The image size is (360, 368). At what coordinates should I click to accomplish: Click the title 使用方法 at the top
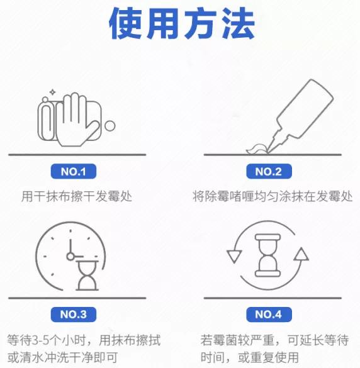pyautogui.click(x=182, y=25)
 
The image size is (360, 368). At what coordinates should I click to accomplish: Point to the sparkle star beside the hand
pyautogui.click(x=53, y=93)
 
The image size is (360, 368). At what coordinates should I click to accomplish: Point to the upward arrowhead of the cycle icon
pyautogui.click(x=301, y=255)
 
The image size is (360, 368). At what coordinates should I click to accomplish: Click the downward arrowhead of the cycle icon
pyautogui.click(x=235, y=257)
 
